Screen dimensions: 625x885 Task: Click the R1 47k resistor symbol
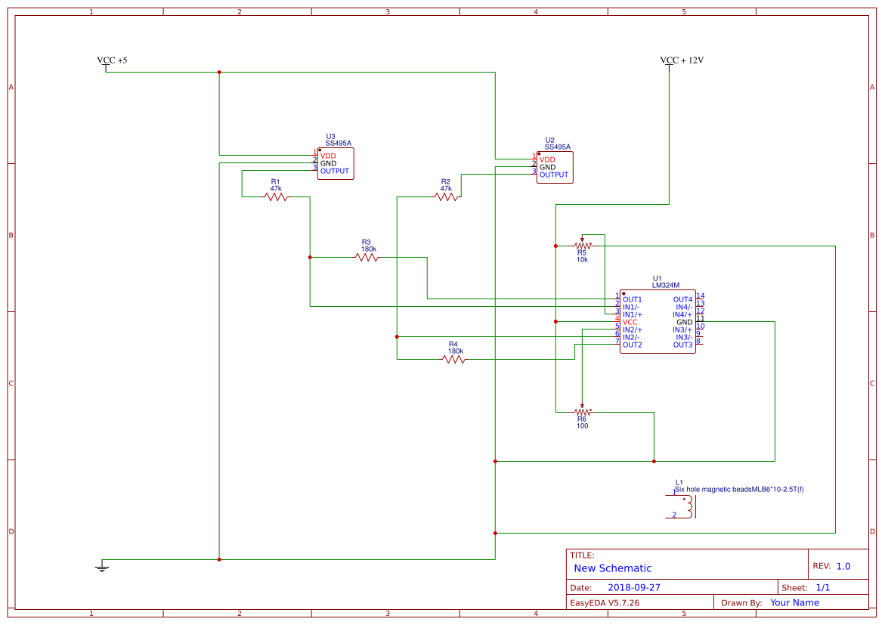(x=276, y=196)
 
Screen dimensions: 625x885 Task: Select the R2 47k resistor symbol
(x=446, y=196)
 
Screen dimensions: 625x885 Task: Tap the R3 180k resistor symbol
(x=367, y=258)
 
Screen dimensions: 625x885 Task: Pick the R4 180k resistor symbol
(x=453, y=360)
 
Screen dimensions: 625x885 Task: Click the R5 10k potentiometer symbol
(x=582, y=246)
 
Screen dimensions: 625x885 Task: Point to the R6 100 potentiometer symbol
(x=582, y=412)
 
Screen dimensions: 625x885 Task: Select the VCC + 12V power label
(x=682, y=60)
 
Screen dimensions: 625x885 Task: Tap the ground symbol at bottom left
(x=103, y=567)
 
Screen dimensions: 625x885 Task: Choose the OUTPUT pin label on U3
(x=335, y=171)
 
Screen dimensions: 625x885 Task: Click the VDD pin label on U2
(x=547, y=159)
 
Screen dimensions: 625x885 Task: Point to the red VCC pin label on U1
(x=630, y=322)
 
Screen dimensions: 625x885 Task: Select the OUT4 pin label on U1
(x=682, y=299)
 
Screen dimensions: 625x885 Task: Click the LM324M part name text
(x=665, y=286)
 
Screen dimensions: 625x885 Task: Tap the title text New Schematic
(x=612, y=568)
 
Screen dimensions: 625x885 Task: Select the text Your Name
(x=794, y=602)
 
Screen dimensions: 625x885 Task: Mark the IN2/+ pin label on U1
(x=633, y=330)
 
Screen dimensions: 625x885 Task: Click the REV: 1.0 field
(x=831, y=566)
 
